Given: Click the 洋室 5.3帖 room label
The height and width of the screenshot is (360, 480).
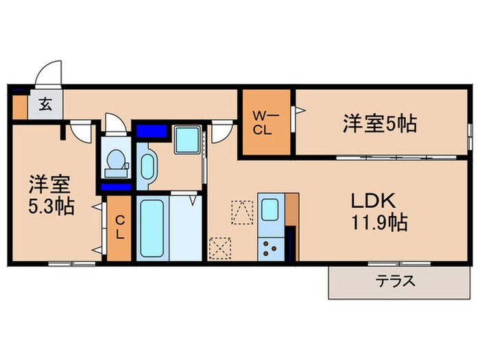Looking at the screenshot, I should point(51,194).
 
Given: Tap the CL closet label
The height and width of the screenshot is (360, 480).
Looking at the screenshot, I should point(119,227).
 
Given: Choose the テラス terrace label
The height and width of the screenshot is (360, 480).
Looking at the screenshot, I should point(398,281).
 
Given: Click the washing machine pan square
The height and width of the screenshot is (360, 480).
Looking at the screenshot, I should point(187,140).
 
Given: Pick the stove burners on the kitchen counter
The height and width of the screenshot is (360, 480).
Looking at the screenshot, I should point(270,248).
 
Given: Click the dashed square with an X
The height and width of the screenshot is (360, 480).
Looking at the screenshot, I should point(221,248).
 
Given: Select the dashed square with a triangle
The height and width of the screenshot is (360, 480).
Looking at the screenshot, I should point(242,213).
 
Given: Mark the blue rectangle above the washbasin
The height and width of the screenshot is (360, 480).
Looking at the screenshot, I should point(152,130).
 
